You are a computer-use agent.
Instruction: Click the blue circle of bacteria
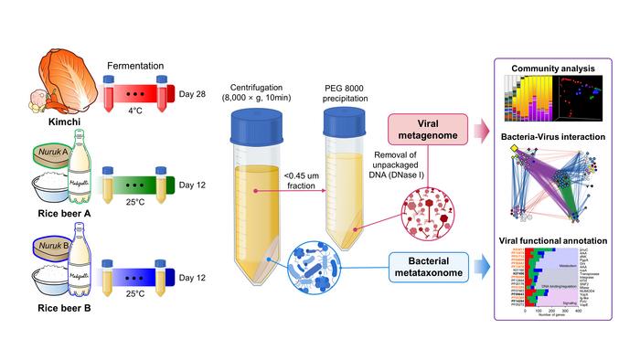coord(316,269)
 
